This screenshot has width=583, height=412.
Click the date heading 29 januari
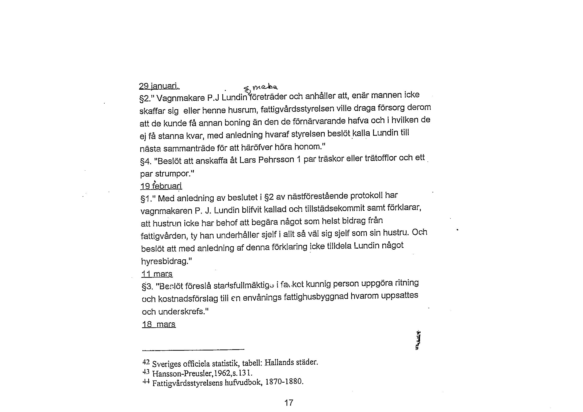tap(159, 86)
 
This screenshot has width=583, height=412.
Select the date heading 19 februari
tap(161, 186)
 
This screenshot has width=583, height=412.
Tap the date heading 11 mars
tap(157, 274)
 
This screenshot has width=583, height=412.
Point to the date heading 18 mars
tap(159, 325)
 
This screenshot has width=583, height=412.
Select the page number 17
tap(289, 403)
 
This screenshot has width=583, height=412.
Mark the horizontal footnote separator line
tap(193, 350)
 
